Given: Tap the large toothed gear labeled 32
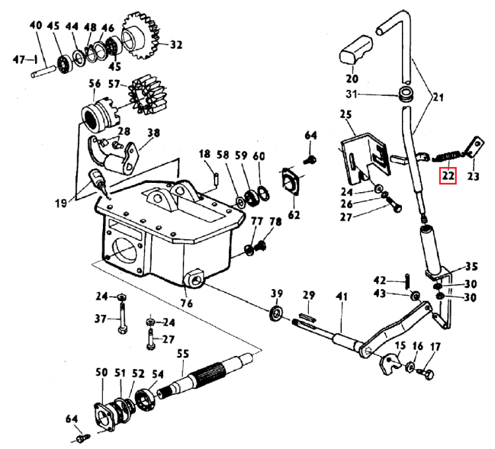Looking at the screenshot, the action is (140, 37).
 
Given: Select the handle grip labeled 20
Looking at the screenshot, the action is (356, 51).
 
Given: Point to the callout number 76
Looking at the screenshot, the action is (186, 303).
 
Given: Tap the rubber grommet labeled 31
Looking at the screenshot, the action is (405, 94).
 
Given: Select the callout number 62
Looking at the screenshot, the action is (294, 215).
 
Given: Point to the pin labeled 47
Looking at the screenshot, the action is (36, 59).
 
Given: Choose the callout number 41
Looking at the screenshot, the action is (342, 297).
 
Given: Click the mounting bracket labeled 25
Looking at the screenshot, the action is (366, 158).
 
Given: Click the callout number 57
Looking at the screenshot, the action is (114, 84).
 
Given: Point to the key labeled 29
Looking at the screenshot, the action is (307, 318).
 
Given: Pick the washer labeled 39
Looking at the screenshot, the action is (277, 314).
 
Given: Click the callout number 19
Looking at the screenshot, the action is (61, 203).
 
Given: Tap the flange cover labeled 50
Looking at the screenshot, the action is (104, 416).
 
